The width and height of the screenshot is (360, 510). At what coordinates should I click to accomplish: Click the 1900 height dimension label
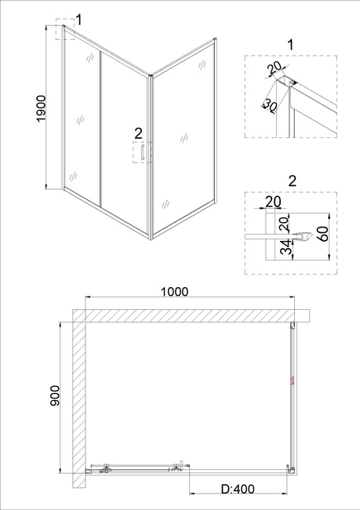[x=42, y=109]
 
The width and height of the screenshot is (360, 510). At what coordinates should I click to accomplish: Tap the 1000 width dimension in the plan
[x=175, y=292]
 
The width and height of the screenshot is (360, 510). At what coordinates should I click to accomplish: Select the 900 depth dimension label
[x=55, y=395]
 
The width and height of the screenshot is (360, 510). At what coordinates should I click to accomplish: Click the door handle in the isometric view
[x=142, y=152]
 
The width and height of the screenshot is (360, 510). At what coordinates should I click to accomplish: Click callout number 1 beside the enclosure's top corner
[x=78, y=20]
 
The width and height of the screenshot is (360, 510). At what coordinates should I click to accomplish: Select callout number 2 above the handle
[x=138, y=133]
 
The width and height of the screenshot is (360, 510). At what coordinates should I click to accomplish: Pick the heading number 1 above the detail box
[x=291, y=45]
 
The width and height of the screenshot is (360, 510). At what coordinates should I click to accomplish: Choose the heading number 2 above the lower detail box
[x=293, y=180]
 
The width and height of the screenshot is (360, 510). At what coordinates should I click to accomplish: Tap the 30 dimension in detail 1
[x=270, y=105]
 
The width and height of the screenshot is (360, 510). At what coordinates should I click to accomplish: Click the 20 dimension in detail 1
[x=275, y=68]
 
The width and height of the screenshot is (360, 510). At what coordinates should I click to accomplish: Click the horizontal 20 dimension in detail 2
[x=273, y=202]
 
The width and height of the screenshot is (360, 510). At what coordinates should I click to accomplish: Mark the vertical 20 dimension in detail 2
[x=284, y=224]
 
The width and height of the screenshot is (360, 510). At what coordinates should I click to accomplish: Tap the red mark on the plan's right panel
[x=293, y=381]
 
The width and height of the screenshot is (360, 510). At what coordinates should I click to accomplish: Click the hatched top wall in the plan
[x=191, y=315]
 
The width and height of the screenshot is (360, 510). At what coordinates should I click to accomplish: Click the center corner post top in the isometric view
[x=151, y=76]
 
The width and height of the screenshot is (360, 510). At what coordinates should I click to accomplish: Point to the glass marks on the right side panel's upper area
[x=202, y=64]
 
